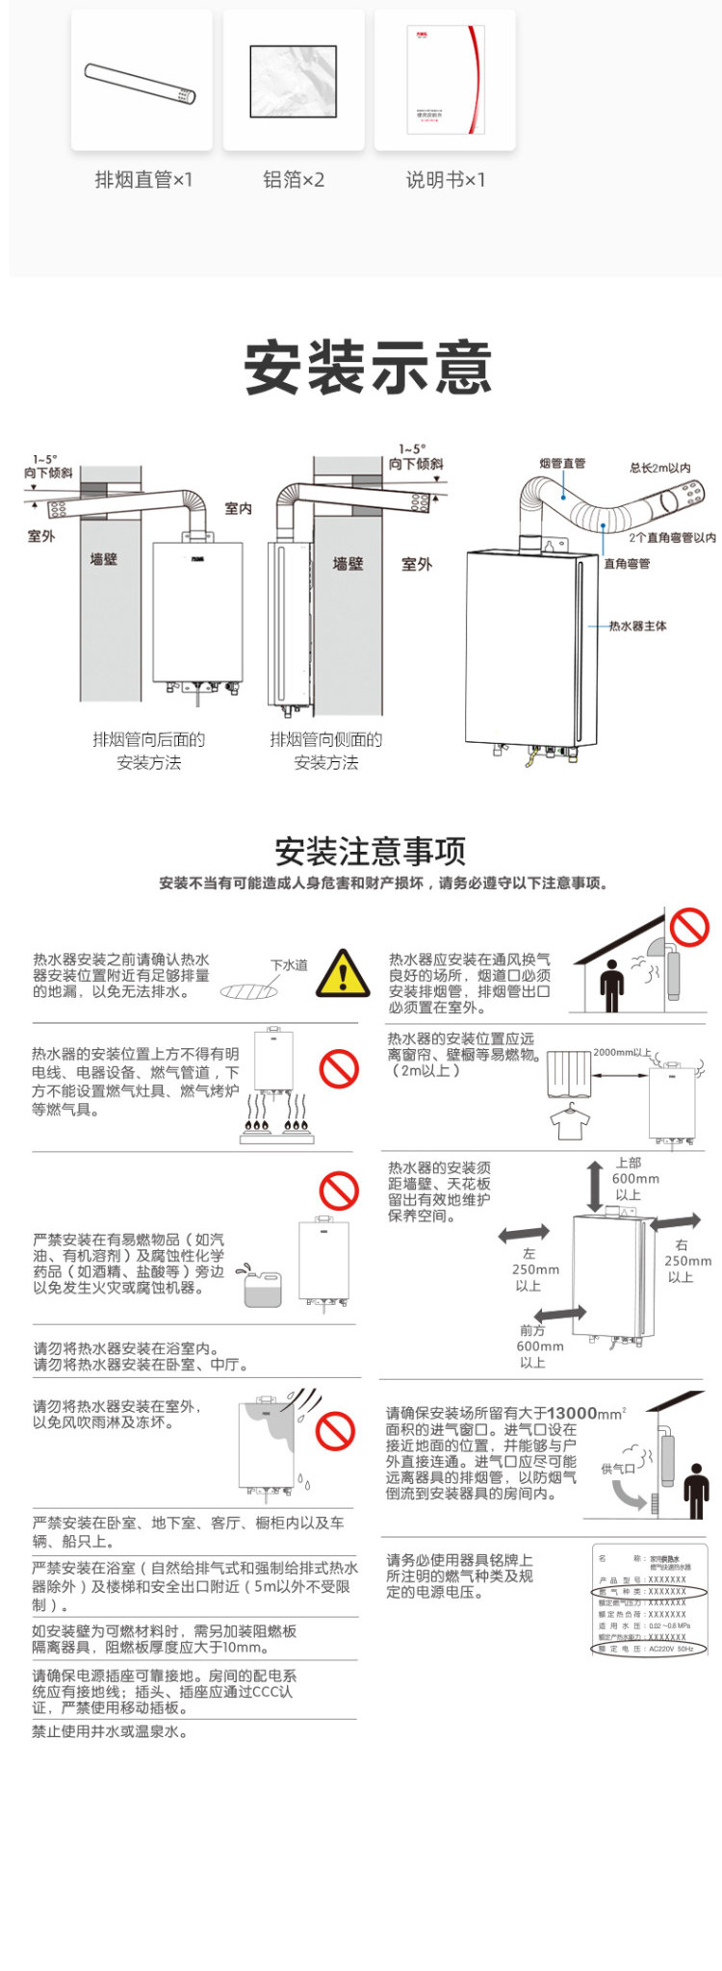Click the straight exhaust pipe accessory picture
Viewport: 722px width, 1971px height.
pos(141,84)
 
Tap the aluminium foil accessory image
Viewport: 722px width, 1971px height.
pos(294,82)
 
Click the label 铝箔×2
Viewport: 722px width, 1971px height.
pos(294,180)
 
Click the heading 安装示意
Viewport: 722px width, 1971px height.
pos(368,367)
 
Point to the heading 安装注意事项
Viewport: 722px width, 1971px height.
pos(371,851)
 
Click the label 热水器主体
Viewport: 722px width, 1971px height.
pos(637,627)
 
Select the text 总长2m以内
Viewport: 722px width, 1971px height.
pos(660,468)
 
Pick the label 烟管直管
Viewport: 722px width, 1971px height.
pos(562,464)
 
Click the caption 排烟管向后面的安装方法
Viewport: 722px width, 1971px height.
pos(149,751)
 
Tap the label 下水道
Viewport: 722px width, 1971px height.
pos(289,964)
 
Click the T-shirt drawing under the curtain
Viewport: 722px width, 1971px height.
pos(570,1121)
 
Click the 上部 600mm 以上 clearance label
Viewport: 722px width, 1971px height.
pos(635,1179)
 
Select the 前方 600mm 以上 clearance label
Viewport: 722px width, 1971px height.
pos(538,1345)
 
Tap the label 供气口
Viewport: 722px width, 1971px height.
pos(618,1469)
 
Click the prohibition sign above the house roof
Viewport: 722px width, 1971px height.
pos(689,928)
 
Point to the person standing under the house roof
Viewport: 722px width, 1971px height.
pos(612,985)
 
